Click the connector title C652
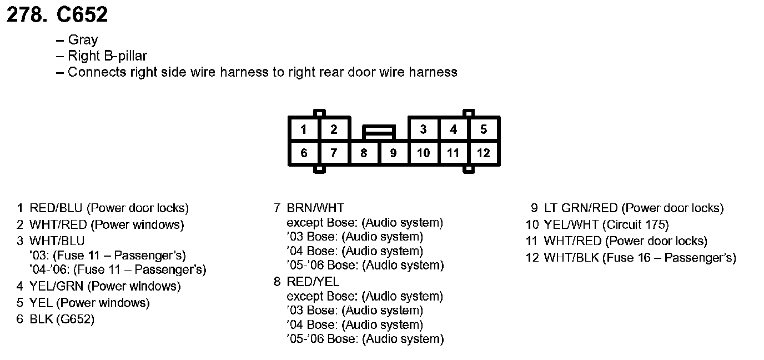[82, 15]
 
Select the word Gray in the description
[83, 40]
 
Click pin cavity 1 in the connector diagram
[304, 130]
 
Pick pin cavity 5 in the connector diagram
[484, 130]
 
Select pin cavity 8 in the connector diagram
[364, 153]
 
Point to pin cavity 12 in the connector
[484, 153]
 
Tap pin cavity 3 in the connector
[423, 130]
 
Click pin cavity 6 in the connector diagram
[304, 153]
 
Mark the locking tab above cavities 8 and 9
[379, 132]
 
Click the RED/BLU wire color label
[56, 208]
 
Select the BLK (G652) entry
[62, 320]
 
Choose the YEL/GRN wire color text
[56, 287]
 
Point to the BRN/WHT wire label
[315, 208]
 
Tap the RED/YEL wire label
[313, 282]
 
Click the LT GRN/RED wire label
[581, 208]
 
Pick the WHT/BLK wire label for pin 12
[570, 258]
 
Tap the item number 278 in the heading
[26, 15]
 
